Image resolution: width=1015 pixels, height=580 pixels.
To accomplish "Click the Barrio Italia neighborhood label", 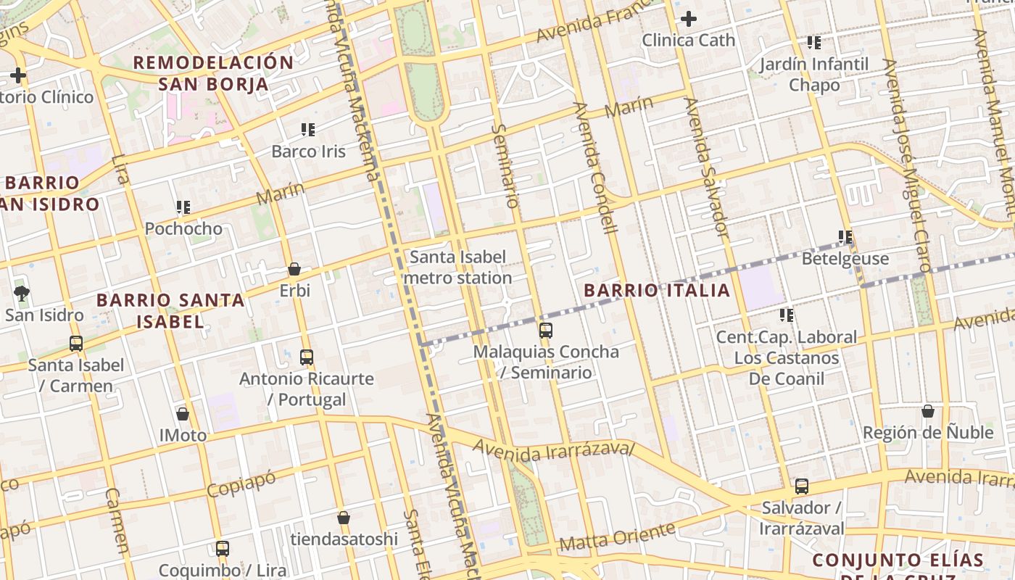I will coord(657,291).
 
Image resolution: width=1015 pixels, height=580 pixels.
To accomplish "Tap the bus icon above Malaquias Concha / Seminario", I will coord(546,331).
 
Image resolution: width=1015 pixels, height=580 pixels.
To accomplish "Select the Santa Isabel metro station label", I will coord(458,268).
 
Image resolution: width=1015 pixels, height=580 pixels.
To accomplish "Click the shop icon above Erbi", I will coord(294,269).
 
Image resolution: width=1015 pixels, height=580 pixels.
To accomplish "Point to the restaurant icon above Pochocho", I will coord(183,207).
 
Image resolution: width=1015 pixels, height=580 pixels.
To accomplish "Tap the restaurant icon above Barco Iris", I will coord(308,130).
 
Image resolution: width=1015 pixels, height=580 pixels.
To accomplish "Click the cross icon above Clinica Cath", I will coord(688,19).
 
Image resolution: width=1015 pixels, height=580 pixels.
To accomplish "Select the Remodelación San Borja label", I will coord(213,72).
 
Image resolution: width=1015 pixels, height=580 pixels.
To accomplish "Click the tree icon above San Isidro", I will coord(22,294).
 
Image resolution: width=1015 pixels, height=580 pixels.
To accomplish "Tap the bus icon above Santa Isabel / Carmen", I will coord(76,344).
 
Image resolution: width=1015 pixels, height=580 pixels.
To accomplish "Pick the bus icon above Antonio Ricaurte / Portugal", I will coord(307,357).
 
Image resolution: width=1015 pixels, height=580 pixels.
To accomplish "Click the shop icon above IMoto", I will coord(183,414).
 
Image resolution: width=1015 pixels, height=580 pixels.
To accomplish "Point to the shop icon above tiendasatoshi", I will coord(344,518).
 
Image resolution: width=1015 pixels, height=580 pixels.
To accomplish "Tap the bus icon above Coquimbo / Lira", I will coord(223,549).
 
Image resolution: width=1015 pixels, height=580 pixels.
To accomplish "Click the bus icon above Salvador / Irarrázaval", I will coord(801,486).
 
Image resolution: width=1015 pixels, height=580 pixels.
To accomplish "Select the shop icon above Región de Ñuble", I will coord(928,411).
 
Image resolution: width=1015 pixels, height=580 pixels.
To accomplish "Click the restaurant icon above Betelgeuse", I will coord(845,237).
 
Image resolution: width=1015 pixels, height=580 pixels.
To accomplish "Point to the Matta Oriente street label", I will coord(617,536).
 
